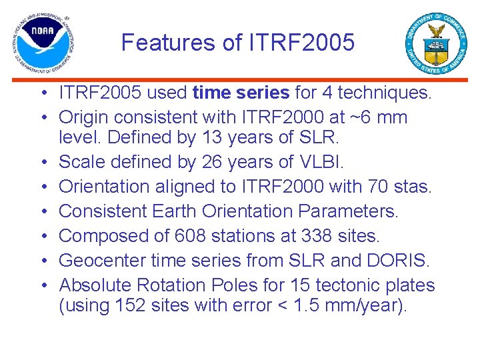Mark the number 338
[321, 236]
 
